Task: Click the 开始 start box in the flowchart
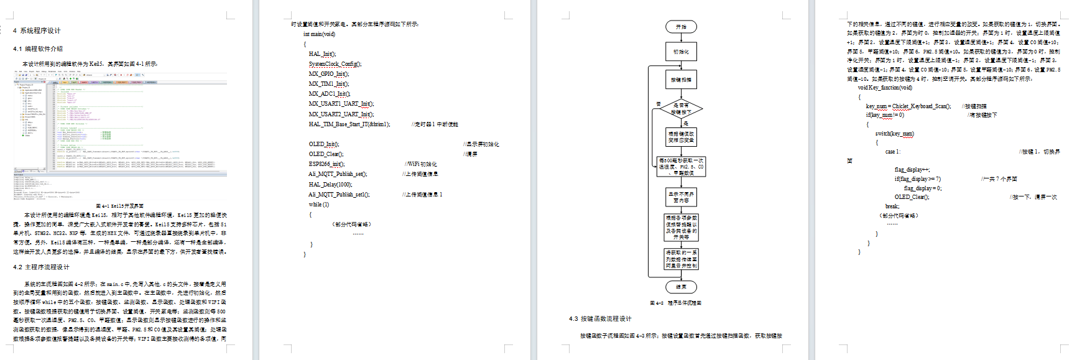click(x=681, y=27)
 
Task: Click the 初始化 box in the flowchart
click(x=681, y=52)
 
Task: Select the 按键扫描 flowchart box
click(x=681, y=80)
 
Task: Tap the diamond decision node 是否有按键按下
click(x=681, y=109)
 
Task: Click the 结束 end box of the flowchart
click(x=681, y=287)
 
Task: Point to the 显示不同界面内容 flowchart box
click(x=681, y=197)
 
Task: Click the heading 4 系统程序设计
click(x=37, y=30)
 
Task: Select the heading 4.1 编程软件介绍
click(x=38, y=48)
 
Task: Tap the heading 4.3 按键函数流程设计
click(x=600, y=318)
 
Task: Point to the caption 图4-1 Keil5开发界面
click(x=120, y=206)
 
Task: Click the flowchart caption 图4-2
click(x=675, y=303)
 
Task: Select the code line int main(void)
click(x=319, y=34)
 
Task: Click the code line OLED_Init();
click(x=324, y=144)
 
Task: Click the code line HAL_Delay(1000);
click(x=330, y=184)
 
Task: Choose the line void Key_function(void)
click(x=885, y=88)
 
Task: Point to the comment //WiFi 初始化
click(x=422, y=164)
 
